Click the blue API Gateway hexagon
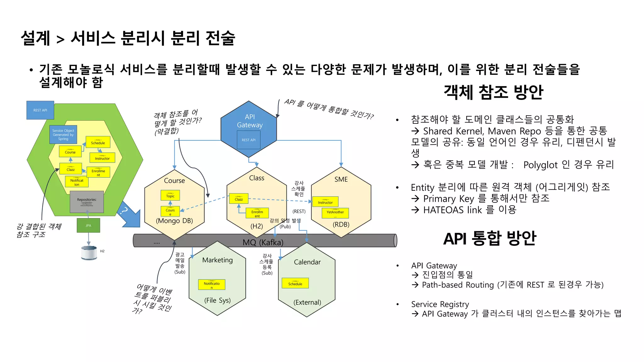click(249, 121)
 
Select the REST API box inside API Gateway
click(248, 140)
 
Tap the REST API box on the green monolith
click(40, 110)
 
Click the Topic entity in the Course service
click(170, 195)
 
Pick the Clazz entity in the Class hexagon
click(239, 199)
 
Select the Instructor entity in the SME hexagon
click(325, 202)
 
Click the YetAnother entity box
click(335, 213)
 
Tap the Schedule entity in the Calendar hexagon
click(295, 283)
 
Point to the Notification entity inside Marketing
click(212, 284)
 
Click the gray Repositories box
click(87, 202)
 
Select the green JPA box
click(88, 225)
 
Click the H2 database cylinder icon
click(89, 252)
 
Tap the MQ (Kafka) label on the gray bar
click(263, 242)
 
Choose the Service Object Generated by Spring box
click(63, 135)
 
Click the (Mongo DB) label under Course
click(174, 221)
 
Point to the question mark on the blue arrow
click(125, 210)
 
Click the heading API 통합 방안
click(490, 239)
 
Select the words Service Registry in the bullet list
click(440, 304)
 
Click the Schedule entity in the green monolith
click(98, 142)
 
